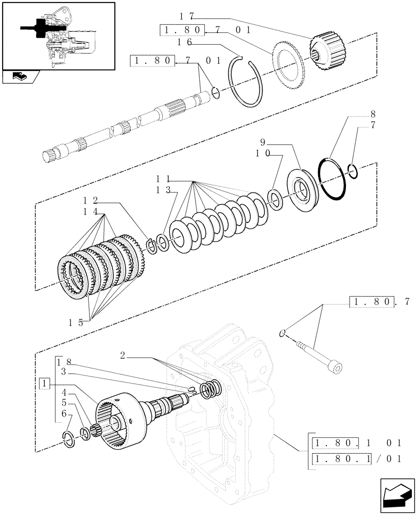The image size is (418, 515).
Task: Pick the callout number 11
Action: (164, 179)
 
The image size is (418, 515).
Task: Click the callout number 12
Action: (93, 201)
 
